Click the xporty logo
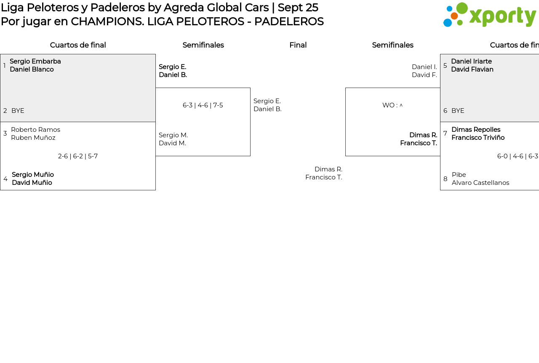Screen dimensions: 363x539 click(x=489, y=15)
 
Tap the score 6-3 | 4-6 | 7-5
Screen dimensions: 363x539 click(x=203, y=105)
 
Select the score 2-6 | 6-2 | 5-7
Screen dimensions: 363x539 click(x=78, y=156)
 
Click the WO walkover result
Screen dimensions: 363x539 click(x=392, y=105)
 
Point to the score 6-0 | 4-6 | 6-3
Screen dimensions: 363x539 click(x=518, y=156)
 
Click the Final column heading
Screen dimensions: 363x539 click(x=298, y=45)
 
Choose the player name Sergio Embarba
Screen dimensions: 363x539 click(x=35, y=61)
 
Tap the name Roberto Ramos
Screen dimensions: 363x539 click(x=35, y=130)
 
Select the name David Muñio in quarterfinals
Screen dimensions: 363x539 click(x=32, y=183)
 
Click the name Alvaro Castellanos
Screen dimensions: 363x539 click(x=480, y=183)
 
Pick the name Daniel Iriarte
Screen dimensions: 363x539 click(x=471, y=61)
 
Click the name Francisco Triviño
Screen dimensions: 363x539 click(x=478, y=138)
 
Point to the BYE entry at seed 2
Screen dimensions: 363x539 click(x=18, y=111)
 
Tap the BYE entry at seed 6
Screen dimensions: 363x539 click(x=458, y=111)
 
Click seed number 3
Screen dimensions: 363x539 click(x=5, y=133)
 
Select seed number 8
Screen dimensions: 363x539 click(x=445, y=179)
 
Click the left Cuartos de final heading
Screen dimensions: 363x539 click(x=78, y=45)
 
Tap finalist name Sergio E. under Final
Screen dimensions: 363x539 click(x=267, y=101)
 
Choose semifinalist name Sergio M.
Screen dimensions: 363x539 click(x=173, y=135)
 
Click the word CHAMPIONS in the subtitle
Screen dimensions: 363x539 click(x=107, y=21)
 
